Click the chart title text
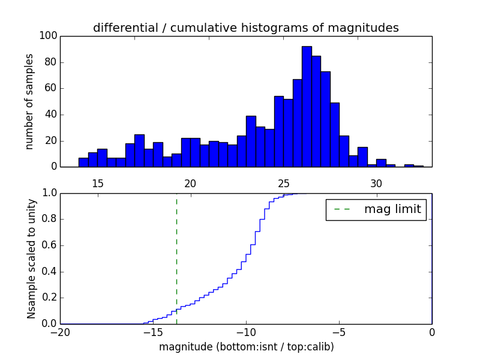(246, 28)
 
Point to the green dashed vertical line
(176, 258)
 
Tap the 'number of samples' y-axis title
(29, 101)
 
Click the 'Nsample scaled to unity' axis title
(31, 258)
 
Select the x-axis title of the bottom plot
(246, 347)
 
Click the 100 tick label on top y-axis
(49, 36)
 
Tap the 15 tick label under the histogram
(98, 183)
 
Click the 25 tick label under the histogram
(283, 183)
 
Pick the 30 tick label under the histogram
(376, 183)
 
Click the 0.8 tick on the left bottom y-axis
(49, 219)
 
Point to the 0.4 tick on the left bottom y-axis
(49, 272)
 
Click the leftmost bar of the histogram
(83, 163)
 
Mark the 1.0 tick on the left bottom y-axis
(49, 193)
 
